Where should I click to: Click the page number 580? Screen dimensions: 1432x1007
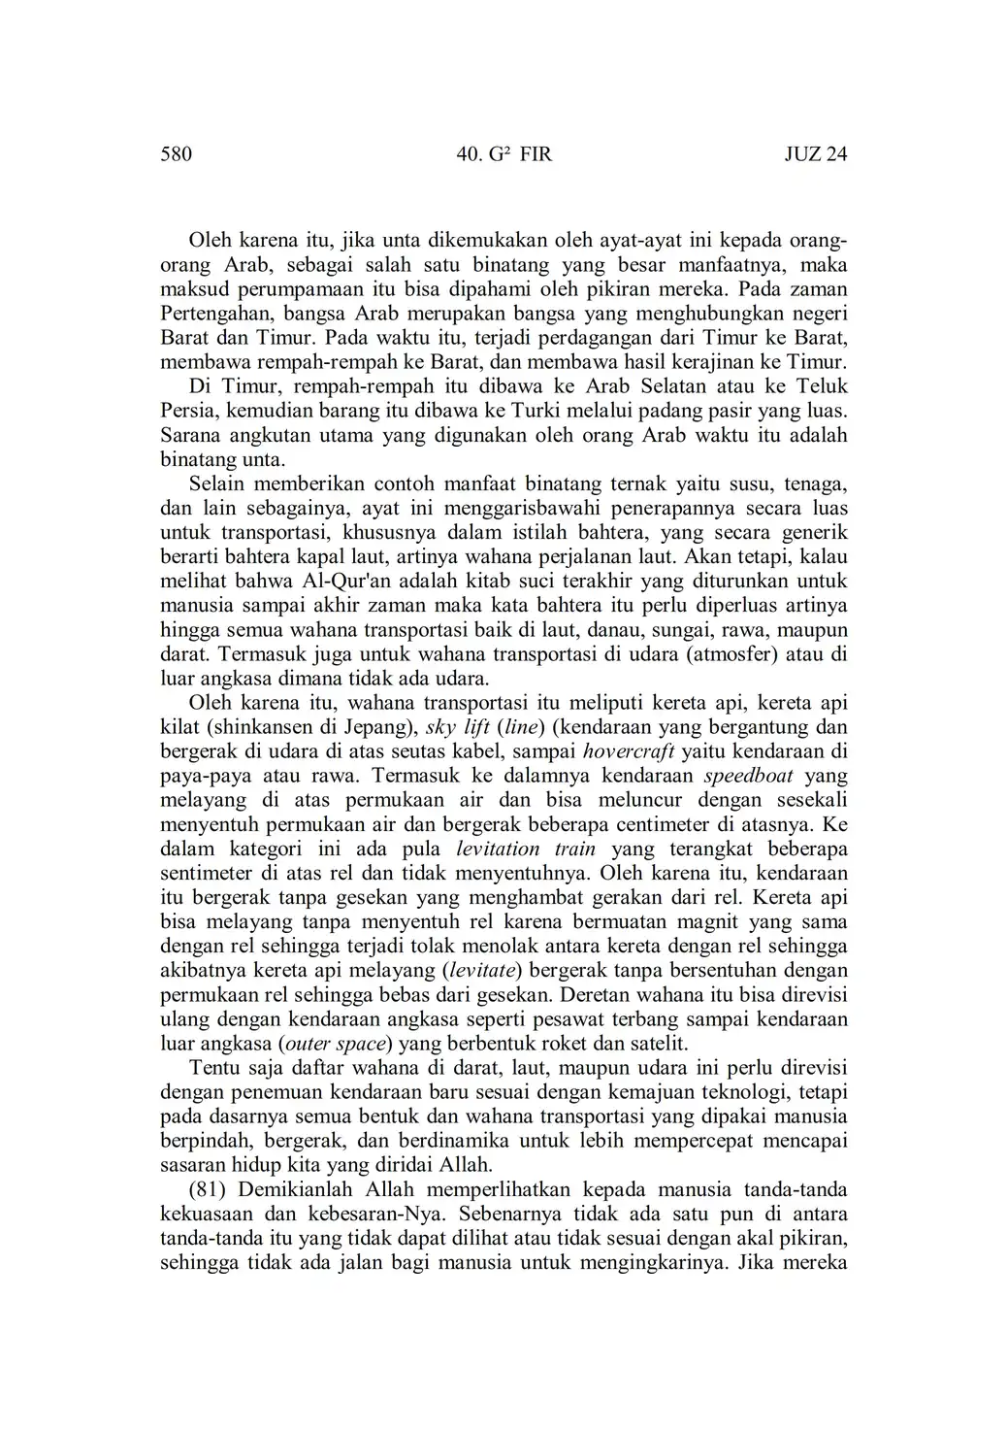(176, 154)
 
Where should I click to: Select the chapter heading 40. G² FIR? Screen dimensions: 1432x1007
(503, 154)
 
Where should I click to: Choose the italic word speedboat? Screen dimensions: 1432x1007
(748, 776)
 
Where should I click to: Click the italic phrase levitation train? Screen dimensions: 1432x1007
(539, 849)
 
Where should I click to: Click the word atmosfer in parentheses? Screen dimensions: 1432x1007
(732, 654)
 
